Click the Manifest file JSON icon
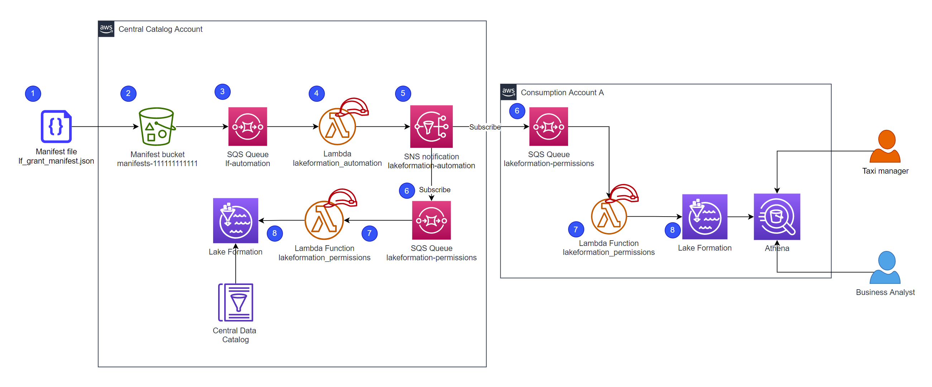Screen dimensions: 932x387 (56, 126)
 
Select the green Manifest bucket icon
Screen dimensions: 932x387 (157, 126)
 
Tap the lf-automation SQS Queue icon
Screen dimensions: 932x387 (248, 127)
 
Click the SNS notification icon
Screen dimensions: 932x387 (431, 126)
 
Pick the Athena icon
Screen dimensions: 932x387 (777, 217)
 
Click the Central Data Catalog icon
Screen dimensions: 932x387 (236, 303)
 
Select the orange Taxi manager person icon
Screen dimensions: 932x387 (885, 146)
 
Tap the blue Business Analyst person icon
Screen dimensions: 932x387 (885, 267)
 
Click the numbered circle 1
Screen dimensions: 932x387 (33, 94)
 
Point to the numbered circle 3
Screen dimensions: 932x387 (222, 92)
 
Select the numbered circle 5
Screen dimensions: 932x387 (403, 94)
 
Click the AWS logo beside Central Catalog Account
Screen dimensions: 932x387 (106, 29)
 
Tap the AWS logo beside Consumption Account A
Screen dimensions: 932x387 (508, 92)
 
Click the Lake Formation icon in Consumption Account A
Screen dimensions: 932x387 (705, 217)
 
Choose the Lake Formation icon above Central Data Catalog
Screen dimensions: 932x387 (236, 220)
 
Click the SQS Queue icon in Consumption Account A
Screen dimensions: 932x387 (548, 127)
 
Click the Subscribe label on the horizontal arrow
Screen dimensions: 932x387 (485, 127)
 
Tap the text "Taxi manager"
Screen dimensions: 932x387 (885, 171)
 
